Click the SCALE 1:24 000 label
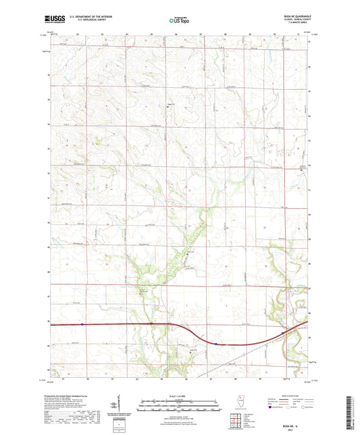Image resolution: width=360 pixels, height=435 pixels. [180, 395]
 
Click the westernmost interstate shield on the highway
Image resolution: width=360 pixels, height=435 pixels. [80, 325]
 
